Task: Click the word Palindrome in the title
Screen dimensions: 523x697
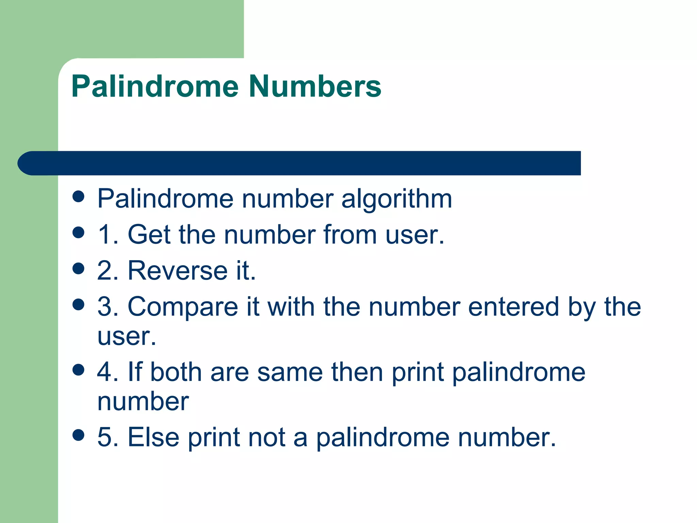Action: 155,86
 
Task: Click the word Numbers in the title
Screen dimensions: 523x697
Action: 315,86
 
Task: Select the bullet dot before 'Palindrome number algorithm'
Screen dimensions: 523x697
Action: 79,196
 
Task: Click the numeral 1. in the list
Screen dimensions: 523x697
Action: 108,235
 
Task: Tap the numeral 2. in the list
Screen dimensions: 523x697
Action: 108,271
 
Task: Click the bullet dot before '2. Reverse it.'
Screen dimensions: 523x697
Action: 79,268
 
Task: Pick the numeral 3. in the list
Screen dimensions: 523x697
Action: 108,307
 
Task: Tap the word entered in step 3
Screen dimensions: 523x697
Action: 514,307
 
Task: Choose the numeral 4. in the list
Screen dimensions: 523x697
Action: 108,372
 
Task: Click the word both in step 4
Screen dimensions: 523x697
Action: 176,372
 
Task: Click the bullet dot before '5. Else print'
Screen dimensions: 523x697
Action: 79,435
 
